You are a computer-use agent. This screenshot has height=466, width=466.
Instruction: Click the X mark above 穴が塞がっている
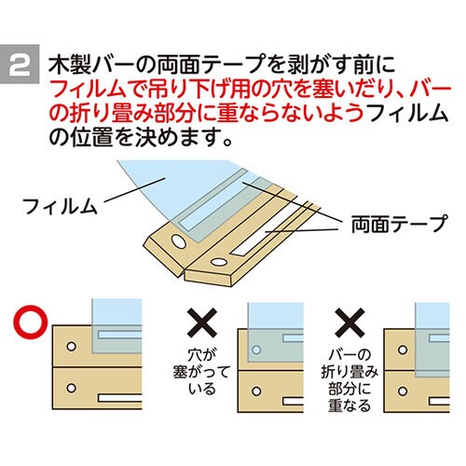[x=202, y=323]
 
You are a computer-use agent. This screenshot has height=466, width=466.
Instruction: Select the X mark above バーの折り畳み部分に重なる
[x=349, y=323]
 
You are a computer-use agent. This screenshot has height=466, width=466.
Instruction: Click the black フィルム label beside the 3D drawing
[x=60, y=206]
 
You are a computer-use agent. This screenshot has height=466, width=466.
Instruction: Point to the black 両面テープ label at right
[x=399, y=224]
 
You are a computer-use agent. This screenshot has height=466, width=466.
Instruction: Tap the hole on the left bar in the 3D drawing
[x=178, y=241]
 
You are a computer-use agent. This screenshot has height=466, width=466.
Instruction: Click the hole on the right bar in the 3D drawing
[x=218, y=263]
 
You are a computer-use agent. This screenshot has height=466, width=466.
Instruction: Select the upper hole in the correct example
[x=72, y=347]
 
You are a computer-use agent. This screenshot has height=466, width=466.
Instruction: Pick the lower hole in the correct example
[x=72, y=388]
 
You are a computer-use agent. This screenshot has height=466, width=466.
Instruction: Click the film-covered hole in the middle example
[x=256, y=349]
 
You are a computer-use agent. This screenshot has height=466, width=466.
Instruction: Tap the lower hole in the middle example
[x=256, y=391]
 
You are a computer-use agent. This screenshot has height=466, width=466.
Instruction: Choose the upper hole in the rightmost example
[x=403, y=349]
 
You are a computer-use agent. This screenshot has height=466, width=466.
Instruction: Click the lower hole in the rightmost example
[x=403, y=391]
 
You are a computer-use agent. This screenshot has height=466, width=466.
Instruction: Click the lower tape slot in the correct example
[x=120, y=398]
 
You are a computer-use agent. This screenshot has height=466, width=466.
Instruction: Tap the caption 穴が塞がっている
[x=202, y=372]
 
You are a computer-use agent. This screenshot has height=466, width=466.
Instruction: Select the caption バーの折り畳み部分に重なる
[x=349, y=380]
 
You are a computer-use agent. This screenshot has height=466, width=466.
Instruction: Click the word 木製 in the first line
[x=70, y=65]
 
